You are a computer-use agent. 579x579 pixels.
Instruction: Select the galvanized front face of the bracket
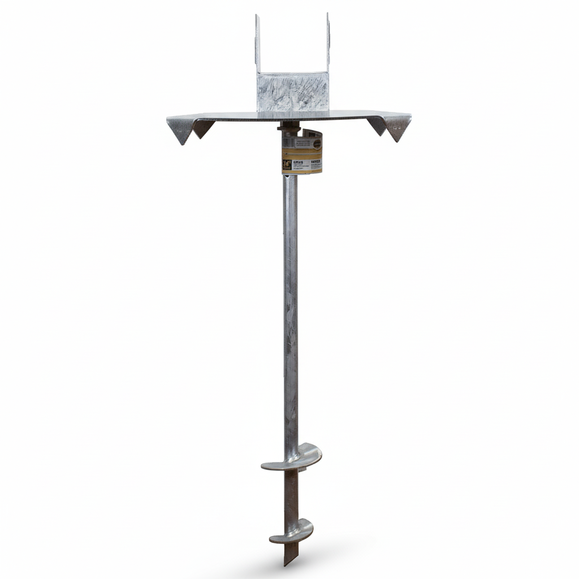[292, 92]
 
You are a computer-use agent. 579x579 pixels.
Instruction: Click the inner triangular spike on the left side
[202, 128]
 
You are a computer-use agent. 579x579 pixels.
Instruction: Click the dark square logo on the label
[287, 164]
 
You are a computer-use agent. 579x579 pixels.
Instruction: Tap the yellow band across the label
[302, 154]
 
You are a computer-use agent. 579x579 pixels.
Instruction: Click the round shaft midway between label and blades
[291, 311]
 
